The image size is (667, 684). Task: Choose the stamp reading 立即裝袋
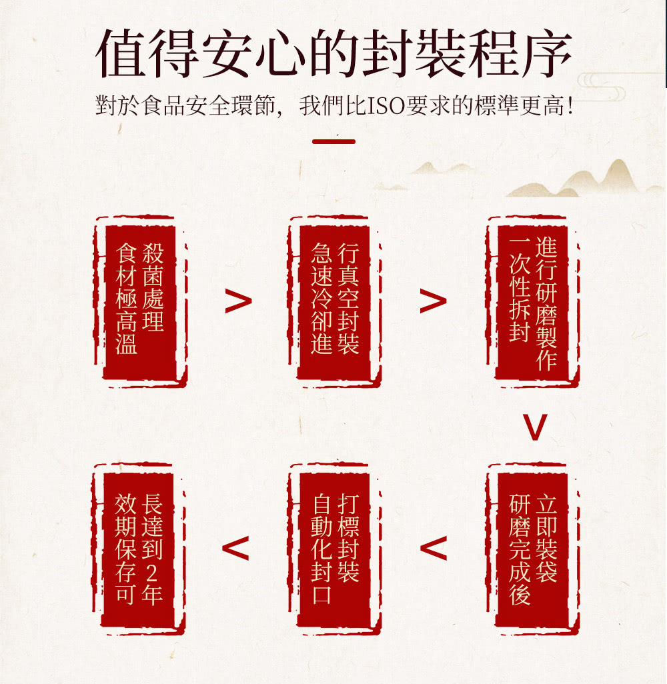coord(532,549)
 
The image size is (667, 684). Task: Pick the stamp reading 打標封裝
coord(334,549)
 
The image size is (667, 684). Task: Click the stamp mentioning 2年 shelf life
coord(139,549)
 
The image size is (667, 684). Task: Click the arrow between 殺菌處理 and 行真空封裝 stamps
coord(238,301)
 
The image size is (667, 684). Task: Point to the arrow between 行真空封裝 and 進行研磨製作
coord(433,301)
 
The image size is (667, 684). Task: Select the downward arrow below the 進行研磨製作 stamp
coord(535,427)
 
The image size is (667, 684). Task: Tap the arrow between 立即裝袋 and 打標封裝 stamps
coord(434,548)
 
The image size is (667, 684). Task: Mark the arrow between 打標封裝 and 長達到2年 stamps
coord(235,548)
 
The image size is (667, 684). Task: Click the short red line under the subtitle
coord(333,141)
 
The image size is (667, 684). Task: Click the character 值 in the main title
coord(121,53)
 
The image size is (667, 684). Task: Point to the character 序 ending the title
coord(546,53)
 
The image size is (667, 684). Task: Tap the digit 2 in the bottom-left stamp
coord(151,573)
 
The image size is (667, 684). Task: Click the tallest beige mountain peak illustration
coord(617,175)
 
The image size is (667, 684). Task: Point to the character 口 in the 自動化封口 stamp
coord(321,595)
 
